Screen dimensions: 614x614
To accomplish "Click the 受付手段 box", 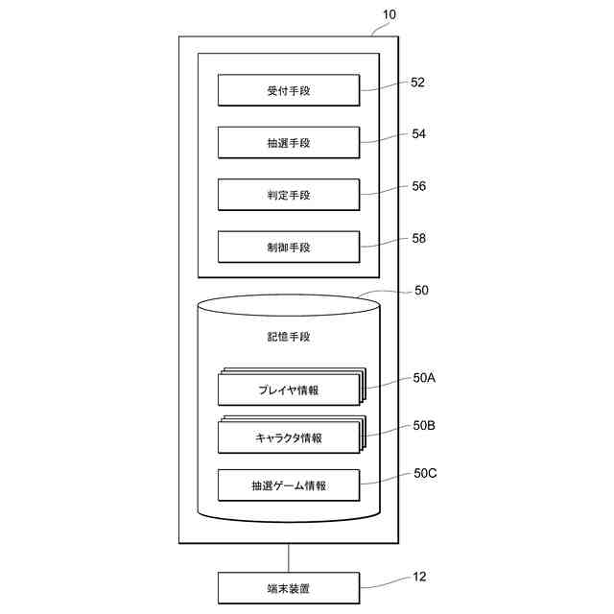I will (289, 91).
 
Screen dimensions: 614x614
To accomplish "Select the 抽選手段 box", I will (289, 143).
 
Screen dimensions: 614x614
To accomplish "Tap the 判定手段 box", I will (289, 195).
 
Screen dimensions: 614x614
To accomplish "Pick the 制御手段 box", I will (289, 247).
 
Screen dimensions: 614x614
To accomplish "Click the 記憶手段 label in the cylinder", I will (289, 338).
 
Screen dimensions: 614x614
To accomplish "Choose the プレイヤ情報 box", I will (289, 390).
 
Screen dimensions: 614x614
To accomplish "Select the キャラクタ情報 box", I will (289, 438).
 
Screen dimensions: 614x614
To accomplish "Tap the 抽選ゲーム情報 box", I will (289, 485).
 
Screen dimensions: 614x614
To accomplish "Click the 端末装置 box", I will (289, 587).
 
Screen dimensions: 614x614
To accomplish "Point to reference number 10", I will (388, 14).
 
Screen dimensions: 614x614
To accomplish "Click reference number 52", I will (417, 83).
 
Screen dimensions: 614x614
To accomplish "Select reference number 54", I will (418, 134).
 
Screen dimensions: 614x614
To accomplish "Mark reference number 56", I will (418, 186).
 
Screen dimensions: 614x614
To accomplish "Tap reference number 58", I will (418, 238).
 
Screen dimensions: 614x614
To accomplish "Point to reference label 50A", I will (424, 378).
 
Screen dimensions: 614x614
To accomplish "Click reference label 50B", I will (424, 425).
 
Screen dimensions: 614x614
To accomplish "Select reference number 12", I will (418, 577).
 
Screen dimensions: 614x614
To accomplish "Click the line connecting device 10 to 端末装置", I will (289, 557).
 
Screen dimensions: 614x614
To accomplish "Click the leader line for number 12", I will (384, 581).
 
